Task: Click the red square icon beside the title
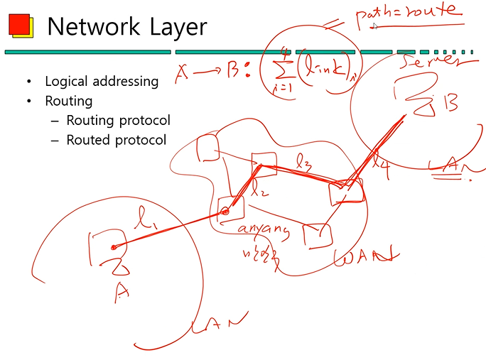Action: (x=20, y=26)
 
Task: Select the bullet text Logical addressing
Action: (x=101, y=81)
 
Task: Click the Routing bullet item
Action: (x=68, y=101)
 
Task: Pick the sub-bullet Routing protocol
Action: (x=118, y=120)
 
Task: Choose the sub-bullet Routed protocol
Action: (x=116, y=140)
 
